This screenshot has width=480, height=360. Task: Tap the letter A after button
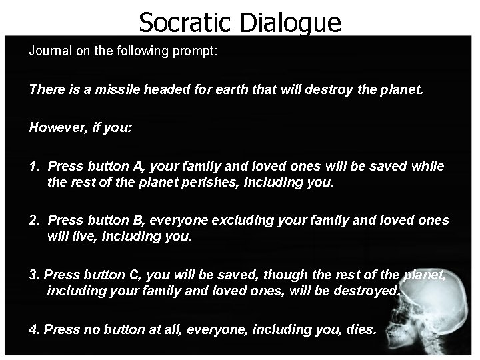(137, 166)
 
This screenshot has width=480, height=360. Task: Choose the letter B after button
(139, 220)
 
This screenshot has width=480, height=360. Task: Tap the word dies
(362, 329)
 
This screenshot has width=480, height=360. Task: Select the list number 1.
(33, 166)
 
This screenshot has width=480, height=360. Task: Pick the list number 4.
(33, 329)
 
